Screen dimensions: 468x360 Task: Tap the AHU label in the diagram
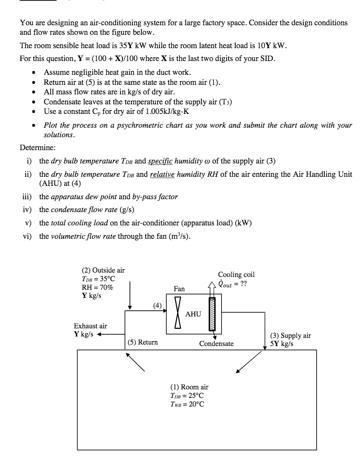point(193,314)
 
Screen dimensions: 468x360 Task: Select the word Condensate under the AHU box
point(216,343)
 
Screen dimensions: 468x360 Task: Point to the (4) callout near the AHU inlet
point(158,305)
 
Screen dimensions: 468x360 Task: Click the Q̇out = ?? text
point(234,283)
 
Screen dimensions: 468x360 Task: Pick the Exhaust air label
point(90,326)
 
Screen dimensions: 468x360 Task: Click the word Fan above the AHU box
point(180,289)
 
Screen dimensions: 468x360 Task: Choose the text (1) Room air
point(190,387)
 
